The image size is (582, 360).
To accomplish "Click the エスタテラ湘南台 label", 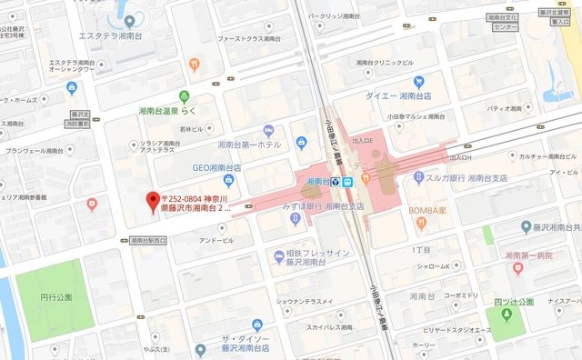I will (x=114, y=36).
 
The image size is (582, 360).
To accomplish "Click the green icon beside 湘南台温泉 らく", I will (x=184, y=95).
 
